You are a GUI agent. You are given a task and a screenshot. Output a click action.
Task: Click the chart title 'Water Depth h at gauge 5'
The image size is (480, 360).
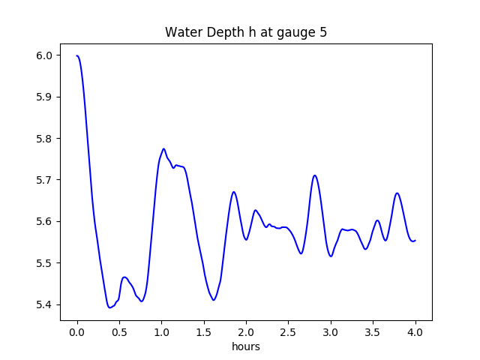pos(246,33)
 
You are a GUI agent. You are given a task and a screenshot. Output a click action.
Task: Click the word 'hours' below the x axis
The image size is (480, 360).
pos(246,347)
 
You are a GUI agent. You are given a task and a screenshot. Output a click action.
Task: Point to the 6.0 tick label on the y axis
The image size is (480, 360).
pos(45,55)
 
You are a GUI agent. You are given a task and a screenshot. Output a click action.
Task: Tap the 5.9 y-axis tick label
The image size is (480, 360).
pos(45,97)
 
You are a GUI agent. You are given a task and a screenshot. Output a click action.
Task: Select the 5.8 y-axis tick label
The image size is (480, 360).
pos(45,139)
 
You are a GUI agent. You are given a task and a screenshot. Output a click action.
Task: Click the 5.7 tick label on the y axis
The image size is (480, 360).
pos(45,180)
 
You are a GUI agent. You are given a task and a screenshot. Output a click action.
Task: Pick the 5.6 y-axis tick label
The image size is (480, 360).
pos(45,222)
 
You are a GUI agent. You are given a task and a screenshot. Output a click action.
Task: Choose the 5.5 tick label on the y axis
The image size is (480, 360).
pos(45,263)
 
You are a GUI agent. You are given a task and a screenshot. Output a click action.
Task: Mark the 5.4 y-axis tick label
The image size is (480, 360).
pos(45,304)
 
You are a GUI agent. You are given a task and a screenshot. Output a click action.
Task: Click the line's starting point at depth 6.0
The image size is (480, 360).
pos(77,55)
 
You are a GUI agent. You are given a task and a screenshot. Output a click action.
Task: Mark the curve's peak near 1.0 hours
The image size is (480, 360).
pos(163,148)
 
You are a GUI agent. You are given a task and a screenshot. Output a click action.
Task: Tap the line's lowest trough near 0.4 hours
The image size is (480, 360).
pos(109,307)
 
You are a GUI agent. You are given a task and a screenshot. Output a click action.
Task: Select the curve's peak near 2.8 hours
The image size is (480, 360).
pos(315,175)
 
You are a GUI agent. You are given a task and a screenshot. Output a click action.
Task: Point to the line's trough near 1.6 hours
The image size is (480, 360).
pos(214,300)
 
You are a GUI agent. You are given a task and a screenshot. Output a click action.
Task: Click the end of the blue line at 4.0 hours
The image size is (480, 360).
pos(415,241)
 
